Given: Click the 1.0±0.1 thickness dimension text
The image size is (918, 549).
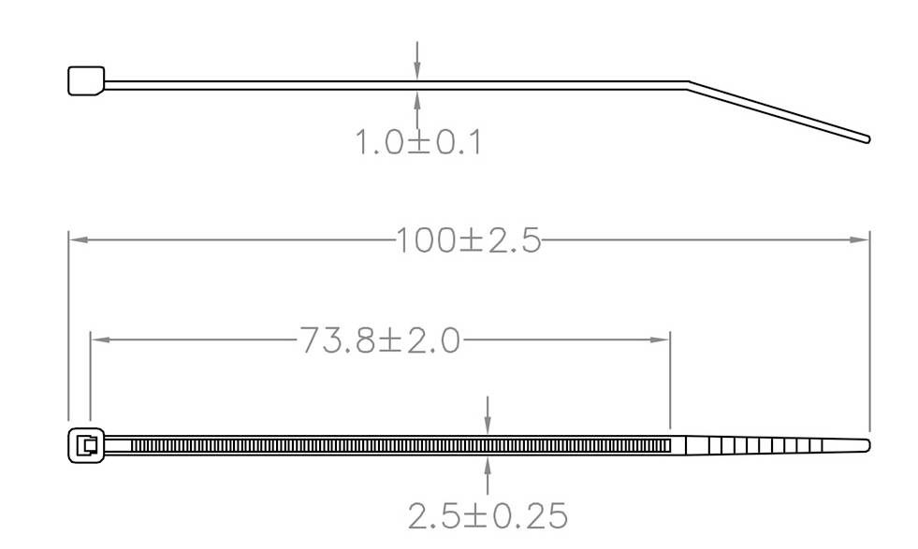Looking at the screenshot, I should (417, 143).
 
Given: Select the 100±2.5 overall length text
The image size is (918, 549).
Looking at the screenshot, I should (468, 241).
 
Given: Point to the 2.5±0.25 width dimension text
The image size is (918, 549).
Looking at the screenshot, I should (488, 515).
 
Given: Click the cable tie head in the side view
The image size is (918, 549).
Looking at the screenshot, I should (86, 80).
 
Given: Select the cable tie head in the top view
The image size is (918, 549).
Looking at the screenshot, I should (85, 445).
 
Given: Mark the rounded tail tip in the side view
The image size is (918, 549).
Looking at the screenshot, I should (867, 139).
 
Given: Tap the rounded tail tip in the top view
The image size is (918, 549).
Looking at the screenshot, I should (867, 444).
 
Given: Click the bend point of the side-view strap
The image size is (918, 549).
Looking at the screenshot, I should (689, 85).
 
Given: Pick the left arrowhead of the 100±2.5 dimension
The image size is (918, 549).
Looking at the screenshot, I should (78, 239).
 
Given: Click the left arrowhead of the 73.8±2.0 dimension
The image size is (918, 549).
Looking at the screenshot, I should (98, 340).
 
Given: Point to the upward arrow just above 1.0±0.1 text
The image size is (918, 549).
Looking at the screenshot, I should (417, 98).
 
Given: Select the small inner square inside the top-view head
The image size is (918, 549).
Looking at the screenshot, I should (89, 445).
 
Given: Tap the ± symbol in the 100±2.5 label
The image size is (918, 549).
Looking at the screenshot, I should (471, 241).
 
